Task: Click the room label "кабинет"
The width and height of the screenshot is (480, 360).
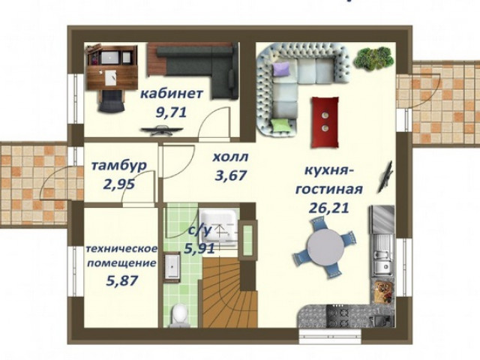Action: click(x=172, y=94)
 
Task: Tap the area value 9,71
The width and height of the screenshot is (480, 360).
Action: click(x=172, y=112)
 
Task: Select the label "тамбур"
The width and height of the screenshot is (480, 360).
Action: click(x=119, y=166)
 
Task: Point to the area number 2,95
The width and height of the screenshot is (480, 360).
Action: click(x=119, y=184)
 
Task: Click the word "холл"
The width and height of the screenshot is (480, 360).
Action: click(x=230, y=157)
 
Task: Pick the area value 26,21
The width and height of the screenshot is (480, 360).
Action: click(x=329, y=208)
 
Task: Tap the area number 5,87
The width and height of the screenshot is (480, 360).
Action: click(x=121, y=280)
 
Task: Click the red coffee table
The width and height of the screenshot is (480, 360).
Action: click(x=325, y=122)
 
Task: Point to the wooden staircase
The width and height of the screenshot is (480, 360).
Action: click(x=229, y=292)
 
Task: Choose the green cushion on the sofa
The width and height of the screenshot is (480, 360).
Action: click(x=280, y=126)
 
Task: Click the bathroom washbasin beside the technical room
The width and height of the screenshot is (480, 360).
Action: click(x=172, y=266)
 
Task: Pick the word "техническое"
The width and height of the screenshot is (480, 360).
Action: click(x=121, y=249)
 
